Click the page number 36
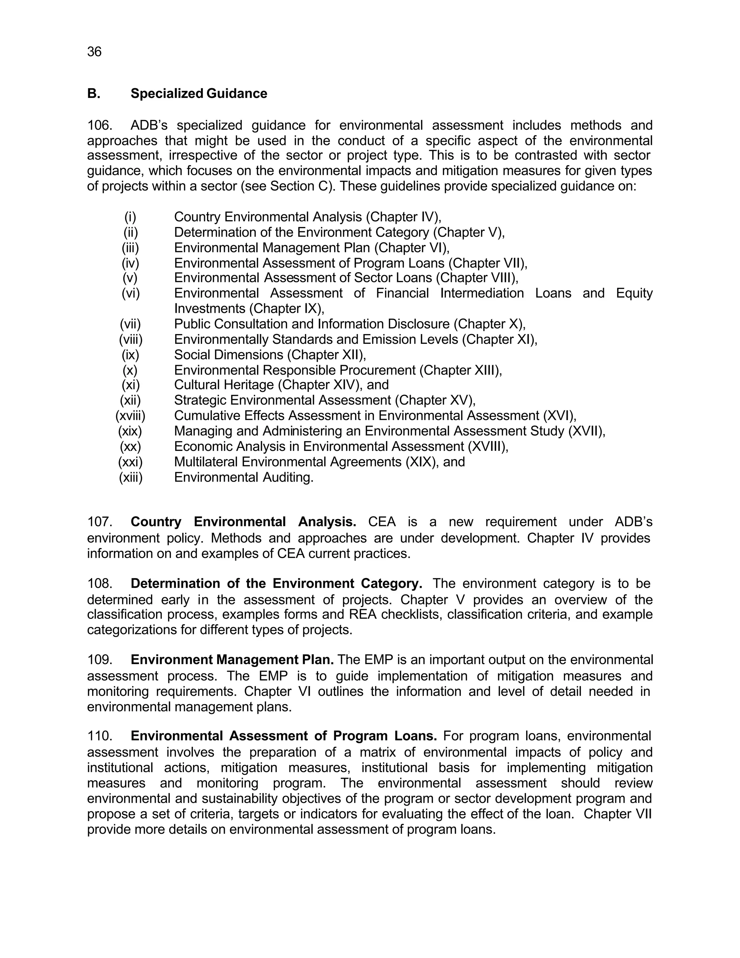coord(94,52)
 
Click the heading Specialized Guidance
coord(199,93)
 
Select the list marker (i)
coord(130,217)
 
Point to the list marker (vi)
coord(131,293)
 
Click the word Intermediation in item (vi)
coord(482,293)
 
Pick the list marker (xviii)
coord(130,415)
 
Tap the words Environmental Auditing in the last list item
coord(244,477)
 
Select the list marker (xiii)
coord(131,477)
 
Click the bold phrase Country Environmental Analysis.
coord(243,522)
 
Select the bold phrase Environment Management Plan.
coord(232,660)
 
